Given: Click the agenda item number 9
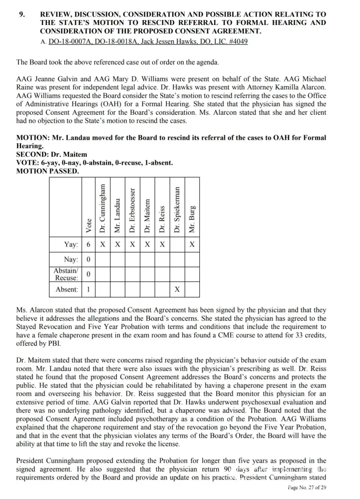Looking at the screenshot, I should click(22, 14).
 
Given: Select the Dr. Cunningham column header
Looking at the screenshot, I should click(102, 209).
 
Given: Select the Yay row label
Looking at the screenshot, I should click(71, 245).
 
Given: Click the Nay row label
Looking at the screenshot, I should click(71, 259).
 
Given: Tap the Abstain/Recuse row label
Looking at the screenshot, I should click(65, 274).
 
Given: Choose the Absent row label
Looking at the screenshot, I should click(67, 289).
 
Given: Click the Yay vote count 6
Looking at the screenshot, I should click(88, 245).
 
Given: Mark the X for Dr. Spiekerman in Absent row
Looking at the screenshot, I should click(177, 289).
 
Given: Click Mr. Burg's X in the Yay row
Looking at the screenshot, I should click(192, 245).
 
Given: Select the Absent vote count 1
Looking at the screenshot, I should click(88, 289).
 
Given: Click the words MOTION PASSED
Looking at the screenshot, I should click(47, 171).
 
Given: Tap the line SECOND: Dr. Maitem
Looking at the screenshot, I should click(51, 155).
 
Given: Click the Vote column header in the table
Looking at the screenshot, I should click(88, 225).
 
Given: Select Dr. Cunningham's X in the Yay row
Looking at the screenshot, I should click(102, 245).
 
